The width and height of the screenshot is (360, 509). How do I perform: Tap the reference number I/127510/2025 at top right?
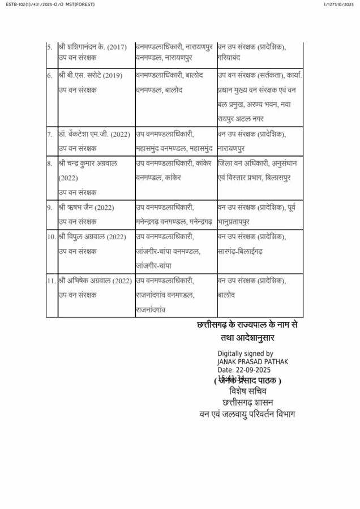338,5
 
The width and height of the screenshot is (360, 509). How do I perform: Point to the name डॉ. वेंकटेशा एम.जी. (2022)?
95,135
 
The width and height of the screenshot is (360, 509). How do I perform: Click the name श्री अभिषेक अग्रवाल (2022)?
95,281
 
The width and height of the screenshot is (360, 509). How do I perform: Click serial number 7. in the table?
50,135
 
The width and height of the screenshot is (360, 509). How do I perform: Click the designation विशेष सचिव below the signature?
247,391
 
